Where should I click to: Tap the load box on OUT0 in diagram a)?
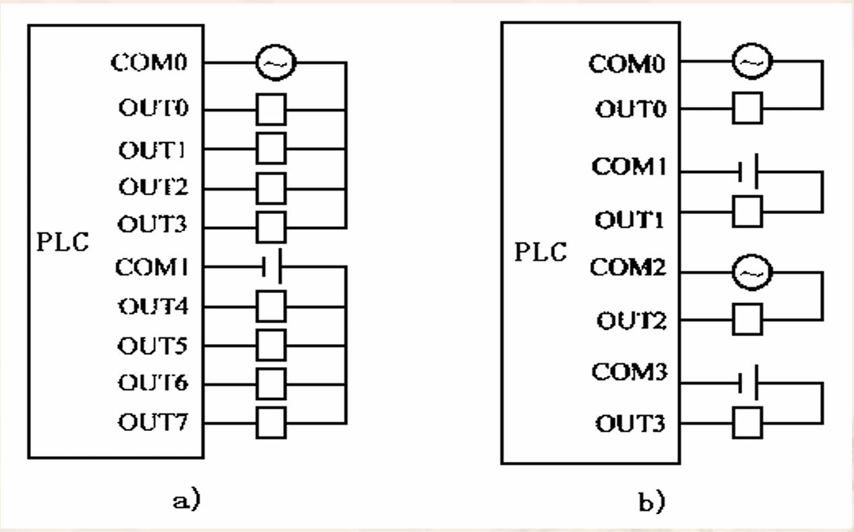point(272,108)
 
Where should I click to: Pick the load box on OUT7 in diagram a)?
point(272,422)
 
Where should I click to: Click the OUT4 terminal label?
point(153,306)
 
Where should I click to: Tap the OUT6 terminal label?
point(153,384)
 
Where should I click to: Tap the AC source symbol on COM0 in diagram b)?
point(748,63)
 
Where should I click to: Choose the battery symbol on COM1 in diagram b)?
point(748,171)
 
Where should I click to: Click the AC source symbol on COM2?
point(748,271)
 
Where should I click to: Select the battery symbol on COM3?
point(748,382)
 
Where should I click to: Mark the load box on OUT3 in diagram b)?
point(748,423)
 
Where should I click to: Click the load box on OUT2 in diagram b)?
point(748,319)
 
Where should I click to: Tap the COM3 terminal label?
point(630,372)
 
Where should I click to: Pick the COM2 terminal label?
point(630,267)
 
